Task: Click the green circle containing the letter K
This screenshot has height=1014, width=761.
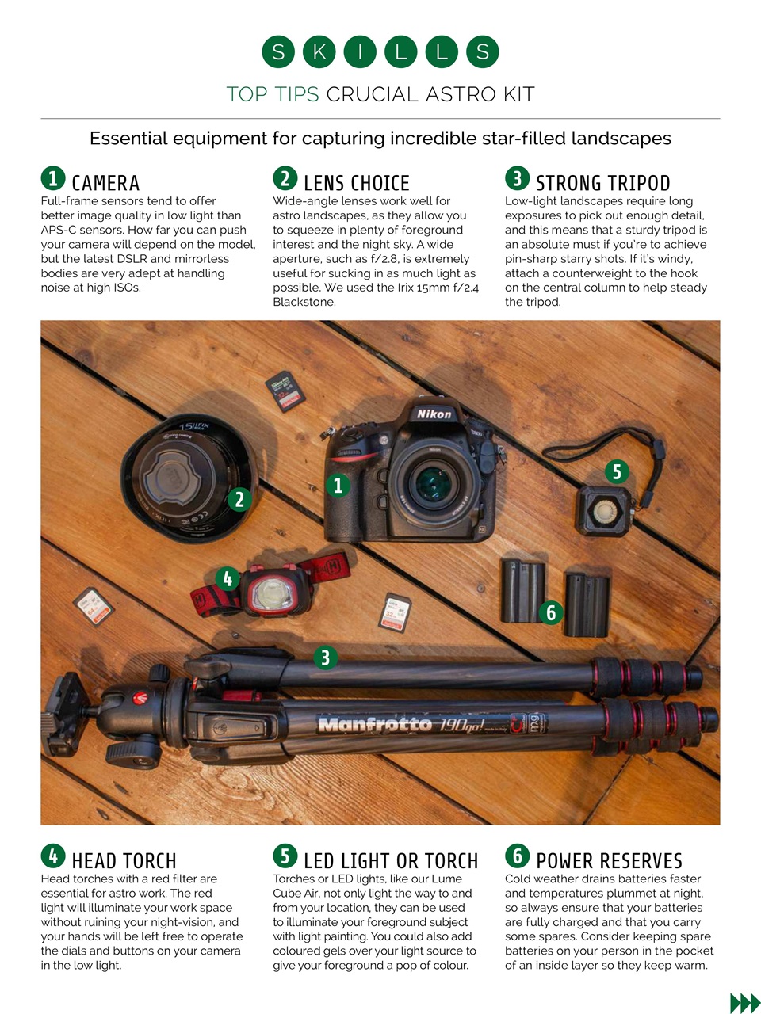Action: tap(319, 52)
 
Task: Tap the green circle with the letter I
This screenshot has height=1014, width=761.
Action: tap(360, 52)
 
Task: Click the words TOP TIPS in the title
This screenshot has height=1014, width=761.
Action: tap(273, 94)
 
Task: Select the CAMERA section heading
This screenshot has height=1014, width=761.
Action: tap(105, 183)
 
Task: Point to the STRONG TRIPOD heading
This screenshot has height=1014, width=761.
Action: tap(602, 183)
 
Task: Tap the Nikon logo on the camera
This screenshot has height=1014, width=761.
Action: tap(434, 414)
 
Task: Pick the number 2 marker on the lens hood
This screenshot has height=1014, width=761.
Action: tap(239, 500)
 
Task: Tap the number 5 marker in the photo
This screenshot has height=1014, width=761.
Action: tap(617, 472)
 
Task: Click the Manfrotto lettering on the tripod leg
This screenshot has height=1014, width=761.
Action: tap(374, 724)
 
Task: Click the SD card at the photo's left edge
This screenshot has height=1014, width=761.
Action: tap(93, 608)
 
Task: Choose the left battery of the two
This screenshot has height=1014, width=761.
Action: tap(521, 590)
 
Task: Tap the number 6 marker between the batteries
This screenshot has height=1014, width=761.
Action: tap(551, 612)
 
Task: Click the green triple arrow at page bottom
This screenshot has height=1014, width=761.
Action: tap(744, 1003)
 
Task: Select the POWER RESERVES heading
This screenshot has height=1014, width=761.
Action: tap(609, 861)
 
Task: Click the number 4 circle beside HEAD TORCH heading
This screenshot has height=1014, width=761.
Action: tap(53, 856)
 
